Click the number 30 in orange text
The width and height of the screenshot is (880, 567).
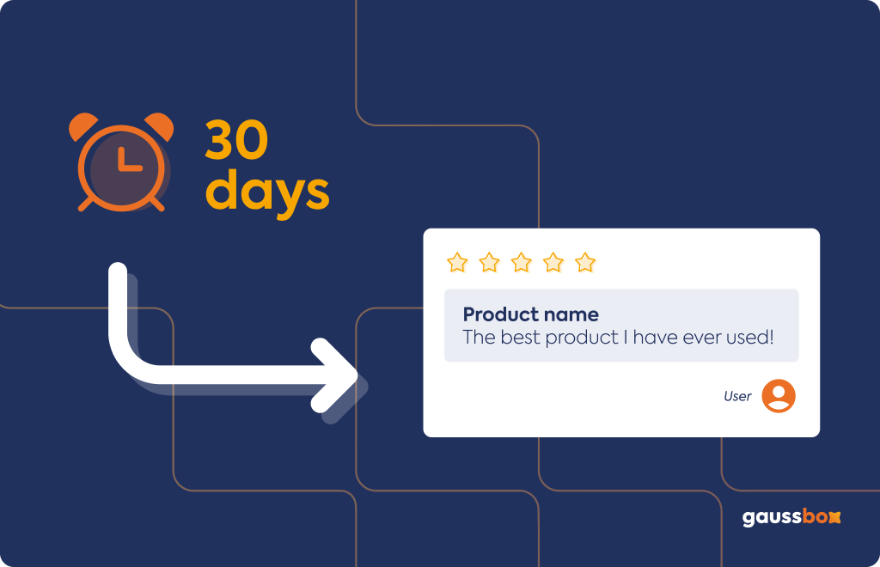[x=236, y=140]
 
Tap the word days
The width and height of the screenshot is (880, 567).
[x=267, y=192]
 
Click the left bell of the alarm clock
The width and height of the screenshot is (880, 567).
[x=82, y=126]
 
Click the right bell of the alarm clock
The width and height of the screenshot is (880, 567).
[x=160, y=126]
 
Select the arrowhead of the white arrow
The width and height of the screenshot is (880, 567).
[x=335, y=375]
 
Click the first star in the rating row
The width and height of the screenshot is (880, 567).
[x=457, y=263]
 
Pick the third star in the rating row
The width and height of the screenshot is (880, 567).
[x=521, y=263]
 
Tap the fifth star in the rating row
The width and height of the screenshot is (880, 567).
[x=584, y=263]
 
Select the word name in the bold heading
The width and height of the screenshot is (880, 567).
[x=571, y=315]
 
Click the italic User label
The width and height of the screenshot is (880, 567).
[x=737, y=396]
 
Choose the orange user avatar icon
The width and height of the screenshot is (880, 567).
[x=779, y=396]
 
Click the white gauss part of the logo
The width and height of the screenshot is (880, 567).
[x=772, y=518]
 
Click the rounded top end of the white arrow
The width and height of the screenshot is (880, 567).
[x=118, y=271]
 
